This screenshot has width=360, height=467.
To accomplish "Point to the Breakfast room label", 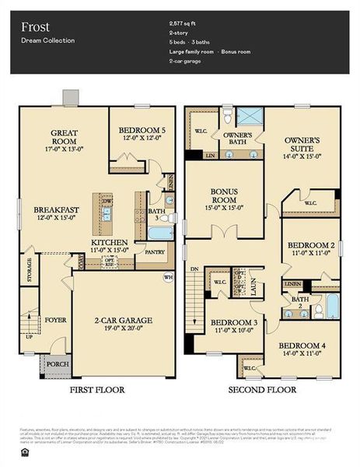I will [56, 210].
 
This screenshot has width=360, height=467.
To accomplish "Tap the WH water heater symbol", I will [167, 276].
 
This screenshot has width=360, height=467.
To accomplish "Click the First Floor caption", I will [98, 389].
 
